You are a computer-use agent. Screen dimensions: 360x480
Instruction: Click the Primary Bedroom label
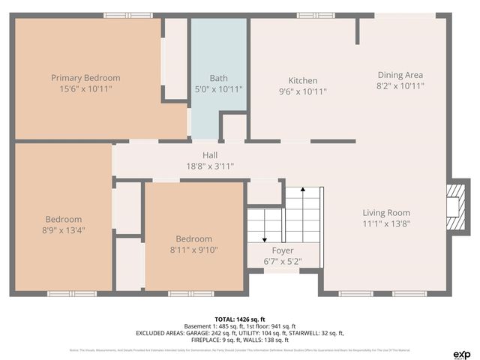pyautogui.click(x=85, y=78)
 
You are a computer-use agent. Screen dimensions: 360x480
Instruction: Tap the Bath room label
pyautogui.click(x=218, y=78)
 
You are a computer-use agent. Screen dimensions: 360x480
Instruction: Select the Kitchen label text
pyautogui.click(x=303, y=81)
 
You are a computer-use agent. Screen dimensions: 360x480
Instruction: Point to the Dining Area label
pyautogui.click(x=400, y=75)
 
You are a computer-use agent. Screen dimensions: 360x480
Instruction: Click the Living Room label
pyautogui.click(x=386, y=213)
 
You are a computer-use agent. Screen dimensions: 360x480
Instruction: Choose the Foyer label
pyautogui.click(x=283, y=250)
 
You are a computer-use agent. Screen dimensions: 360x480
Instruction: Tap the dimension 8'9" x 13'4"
pyautogui.click(x=64, y=230)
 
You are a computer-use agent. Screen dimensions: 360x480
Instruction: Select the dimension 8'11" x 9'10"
pyautogui.click(x=193, y=250)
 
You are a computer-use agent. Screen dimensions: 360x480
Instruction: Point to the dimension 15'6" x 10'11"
pyautogui.click(x=85, y=89)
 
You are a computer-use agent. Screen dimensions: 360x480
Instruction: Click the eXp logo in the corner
pyautogui.click(x=461, y=353)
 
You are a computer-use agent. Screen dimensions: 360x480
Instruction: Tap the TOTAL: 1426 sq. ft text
pyautogui.click(x=240, y=318)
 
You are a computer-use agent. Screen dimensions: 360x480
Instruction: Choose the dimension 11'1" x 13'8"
pyautogui.click(x=386, y=224)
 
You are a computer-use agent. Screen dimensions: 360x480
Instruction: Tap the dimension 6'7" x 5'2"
pyautogui.click(x=283, y=261)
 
